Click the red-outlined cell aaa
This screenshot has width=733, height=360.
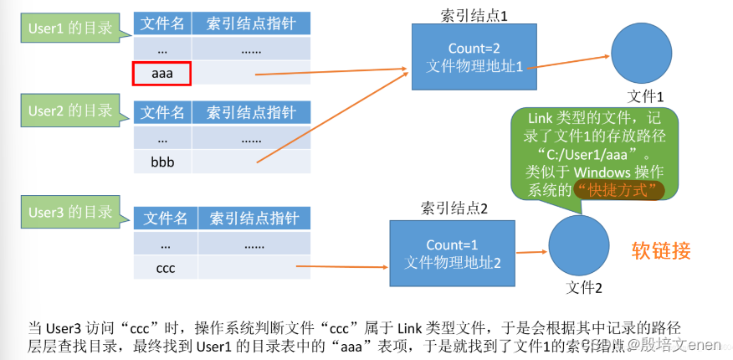coord(162,73)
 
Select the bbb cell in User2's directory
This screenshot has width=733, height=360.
coord(162,161)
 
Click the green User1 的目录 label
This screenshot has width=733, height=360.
coord(70,28)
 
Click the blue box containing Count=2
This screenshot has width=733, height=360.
coord(474,56)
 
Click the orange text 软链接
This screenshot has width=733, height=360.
coord(660,250)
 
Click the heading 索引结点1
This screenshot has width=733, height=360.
coord(474,15)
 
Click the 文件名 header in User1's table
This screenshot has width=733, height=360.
coord(162,23)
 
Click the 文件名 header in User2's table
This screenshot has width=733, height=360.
coord(161,112)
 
